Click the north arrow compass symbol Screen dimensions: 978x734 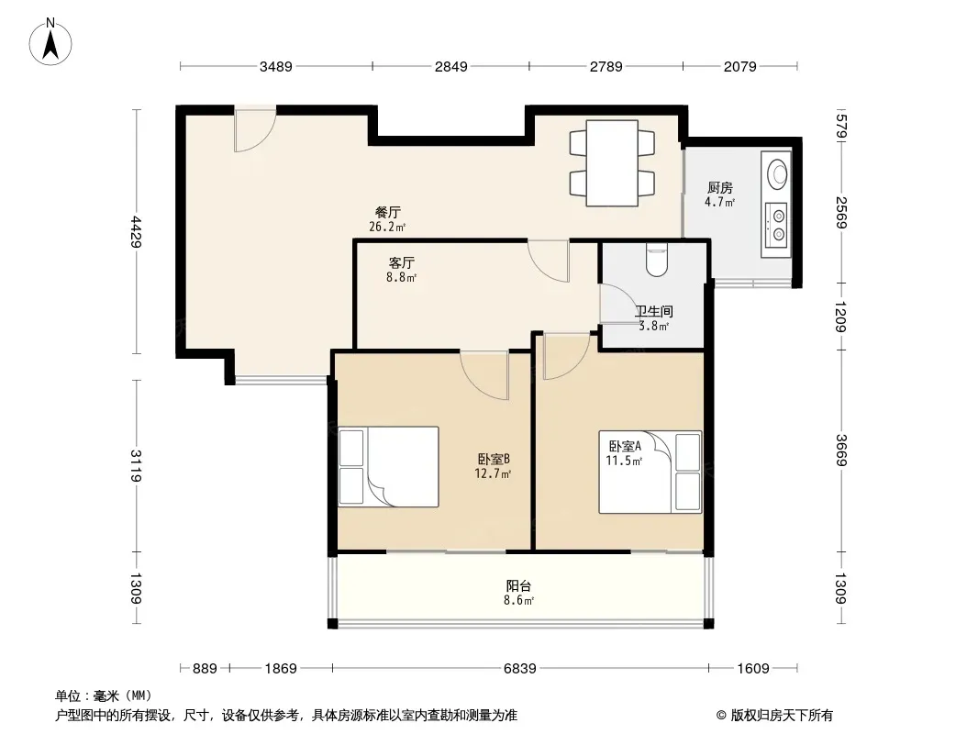point(50,42)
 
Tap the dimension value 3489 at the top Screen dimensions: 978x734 point(275,66)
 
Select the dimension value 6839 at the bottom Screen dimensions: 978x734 point(519,669)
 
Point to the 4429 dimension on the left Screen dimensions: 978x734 point(136,231)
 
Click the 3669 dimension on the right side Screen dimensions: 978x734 point(840,450)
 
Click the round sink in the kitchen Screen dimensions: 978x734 point(777,173)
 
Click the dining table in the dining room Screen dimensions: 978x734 point(612,162)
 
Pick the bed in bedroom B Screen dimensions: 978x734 point(388,466)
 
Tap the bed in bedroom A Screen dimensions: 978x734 point(650,473)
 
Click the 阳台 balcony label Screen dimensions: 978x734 point(518,586)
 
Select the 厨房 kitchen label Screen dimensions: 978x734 point(720,188)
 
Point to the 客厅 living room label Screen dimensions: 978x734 point(401,263)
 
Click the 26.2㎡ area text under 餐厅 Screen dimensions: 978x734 point(387,227)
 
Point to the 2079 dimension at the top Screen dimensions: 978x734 point(739,66)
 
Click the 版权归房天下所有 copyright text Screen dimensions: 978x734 point(774,716)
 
